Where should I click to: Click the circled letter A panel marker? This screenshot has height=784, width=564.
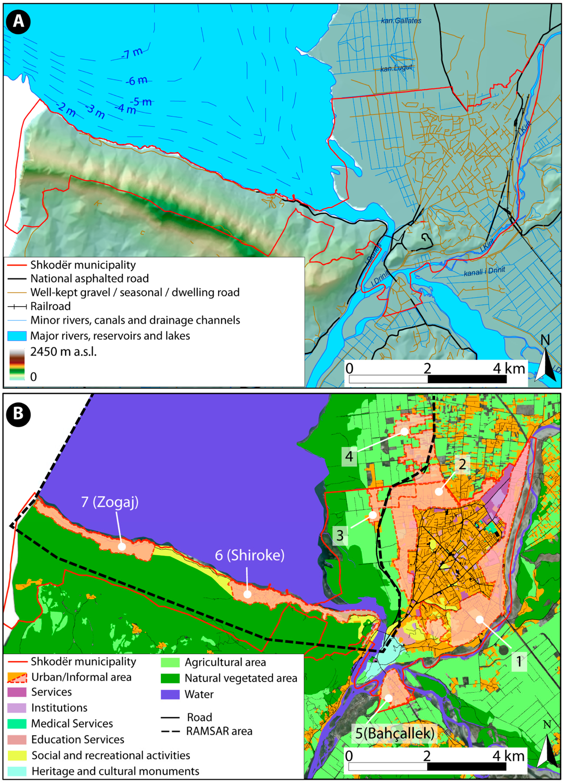point(18,21)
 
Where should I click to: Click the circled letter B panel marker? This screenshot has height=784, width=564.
point(18,414)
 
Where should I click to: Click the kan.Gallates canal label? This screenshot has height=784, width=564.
point(401,21)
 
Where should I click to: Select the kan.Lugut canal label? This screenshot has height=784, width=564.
point(396,68)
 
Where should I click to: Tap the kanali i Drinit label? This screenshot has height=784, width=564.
point(484,272)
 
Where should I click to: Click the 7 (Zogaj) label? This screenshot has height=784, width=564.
point(110,502)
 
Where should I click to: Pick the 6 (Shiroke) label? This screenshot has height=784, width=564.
point(250,555)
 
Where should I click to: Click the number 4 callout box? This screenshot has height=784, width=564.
point(349,456)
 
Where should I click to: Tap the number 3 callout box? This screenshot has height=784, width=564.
point(340,535)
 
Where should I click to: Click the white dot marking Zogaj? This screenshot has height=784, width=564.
point(122,547)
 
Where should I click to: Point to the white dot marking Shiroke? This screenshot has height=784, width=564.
point(248,594)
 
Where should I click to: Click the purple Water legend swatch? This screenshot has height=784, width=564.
point(170,694)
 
